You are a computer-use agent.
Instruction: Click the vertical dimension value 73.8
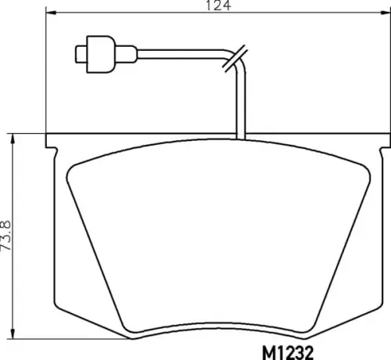(7, 234)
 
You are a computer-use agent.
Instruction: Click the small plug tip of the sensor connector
(80, 55)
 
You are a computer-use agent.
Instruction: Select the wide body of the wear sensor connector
(99, 54)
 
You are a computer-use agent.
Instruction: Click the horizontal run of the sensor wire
(180, 55)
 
